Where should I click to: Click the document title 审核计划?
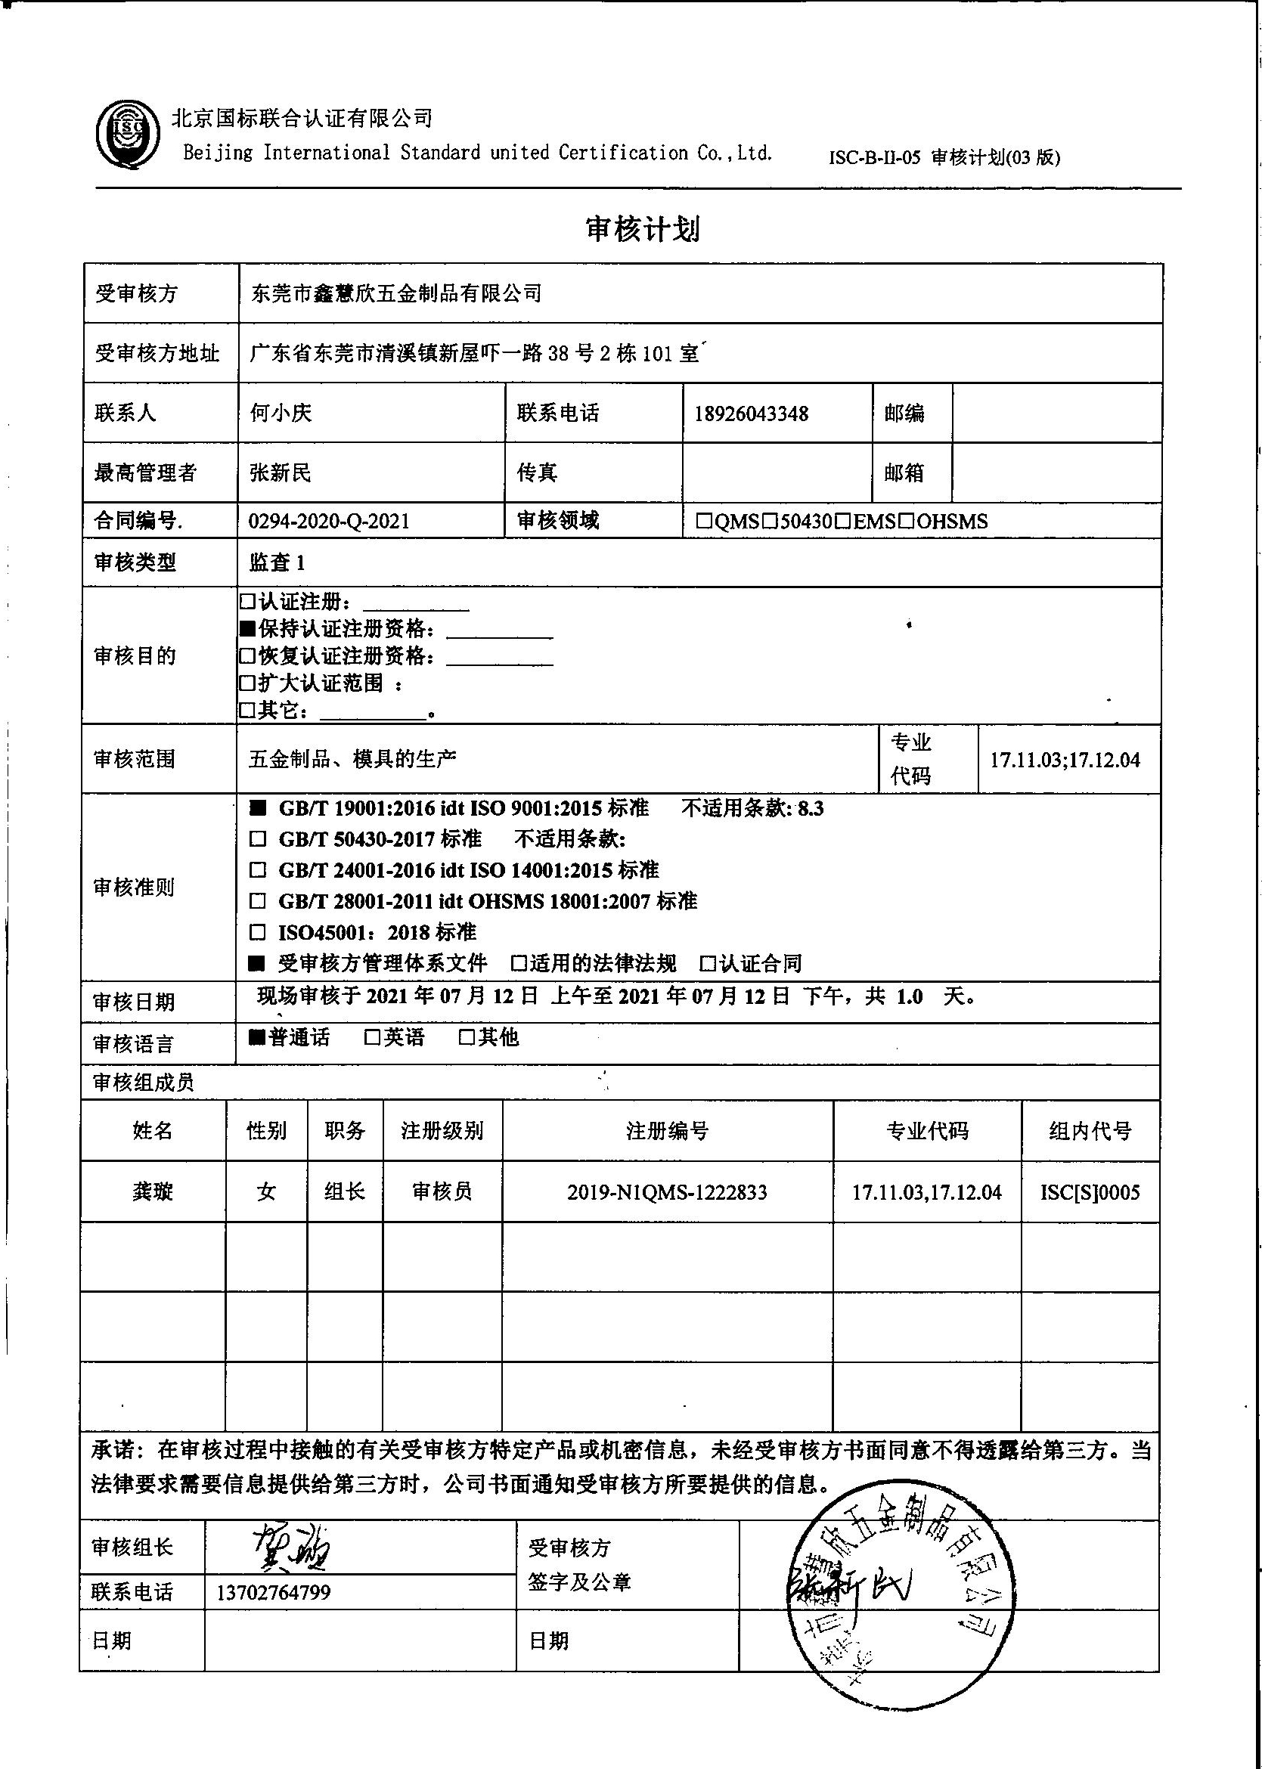tap(643, 229)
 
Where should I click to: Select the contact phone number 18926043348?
tap(751, 414)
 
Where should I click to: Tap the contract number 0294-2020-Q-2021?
tap(329, 521)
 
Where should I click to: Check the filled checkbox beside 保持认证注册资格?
tap(248, 629)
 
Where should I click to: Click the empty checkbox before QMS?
tap(704, 522)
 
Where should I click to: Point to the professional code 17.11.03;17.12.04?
tap(1065, 760)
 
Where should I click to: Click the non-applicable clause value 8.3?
tap(811, 809)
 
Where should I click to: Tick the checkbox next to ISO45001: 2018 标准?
tap(256, 932)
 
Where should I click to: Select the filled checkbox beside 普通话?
tap(256, 1037)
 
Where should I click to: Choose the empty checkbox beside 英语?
tap(372, 1037)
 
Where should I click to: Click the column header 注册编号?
tap(667, 1131)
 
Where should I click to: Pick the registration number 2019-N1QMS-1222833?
tap(667, 1191)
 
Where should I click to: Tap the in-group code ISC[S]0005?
tap(1090, 1191)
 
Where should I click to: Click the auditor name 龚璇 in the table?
tap(152, 1191)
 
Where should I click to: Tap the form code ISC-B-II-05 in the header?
tap(873, 158)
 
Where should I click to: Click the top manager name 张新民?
tap(280, 472)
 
